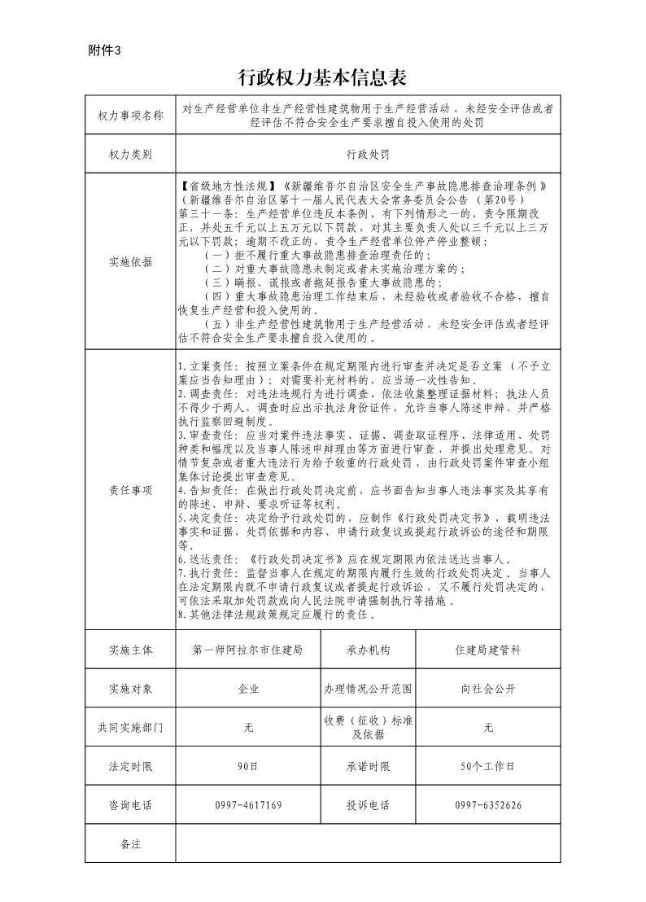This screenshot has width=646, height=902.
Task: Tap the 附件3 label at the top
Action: pyautogui.click(x=104, y=50)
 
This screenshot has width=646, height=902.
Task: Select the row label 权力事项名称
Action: pyautogui.click(x=130, y=115)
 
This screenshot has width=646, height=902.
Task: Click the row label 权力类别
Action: pyautogui.click(x=130, y=153)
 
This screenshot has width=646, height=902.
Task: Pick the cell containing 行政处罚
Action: pyautogui.click(x=368, y=153)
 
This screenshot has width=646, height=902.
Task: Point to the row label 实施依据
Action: pyautogui.click(x=130, y=261)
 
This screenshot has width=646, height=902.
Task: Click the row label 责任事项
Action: pyautogui.click(x=130, y=489)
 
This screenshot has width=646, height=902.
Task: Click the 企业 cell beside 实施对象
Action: pyautogui.click(x=248, y=689)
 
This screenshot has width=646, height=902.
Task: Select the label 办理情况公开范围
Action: pyautogui.click(x=368, y=689)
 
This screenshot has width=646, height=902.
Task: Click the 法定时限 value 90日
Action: pyautogui.click(x=248, y=766)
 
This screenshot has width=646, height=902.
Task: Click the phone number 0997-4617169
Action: pyautogui.click(x=248, y=805)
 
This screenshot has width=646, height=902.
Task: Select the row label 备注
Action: pyautogui.click(x=130, y=843)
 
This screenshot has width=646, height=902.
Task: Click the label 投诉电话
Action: pyautogui.click(x=368, y=805)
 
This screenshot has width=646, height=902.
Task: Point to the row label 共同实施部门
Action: pyautogui.click(x=130, y=728)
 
